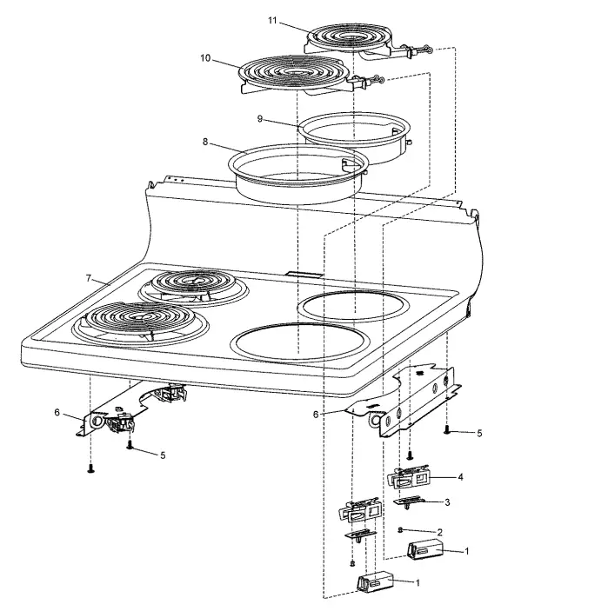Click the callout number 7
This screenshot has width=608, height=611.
click(88, 277)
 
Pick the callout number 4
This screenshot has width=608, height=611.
click(460, 477)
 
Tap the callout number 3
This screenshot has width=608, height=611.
click(447, 502)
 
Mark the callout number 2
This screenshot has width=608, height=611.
click(440, 532)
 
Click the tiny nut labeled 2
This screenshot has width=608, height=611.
click(398, 530)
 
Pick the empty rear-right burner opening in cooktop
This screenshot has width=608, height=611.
click(353, 306)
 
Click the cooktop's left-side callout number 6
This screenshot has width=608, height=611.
click(58, 412)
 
